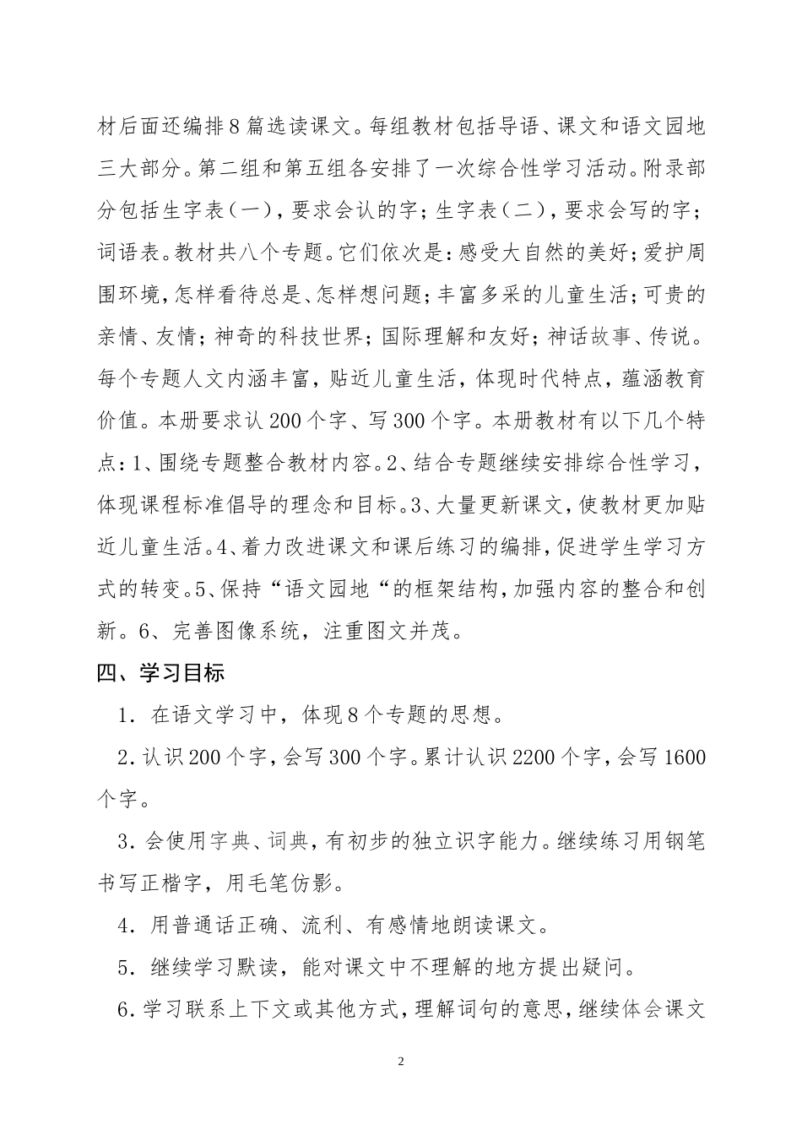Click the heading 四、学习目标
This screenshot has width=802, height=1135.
160,673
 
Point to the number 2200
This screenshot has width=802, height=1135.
534,758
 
